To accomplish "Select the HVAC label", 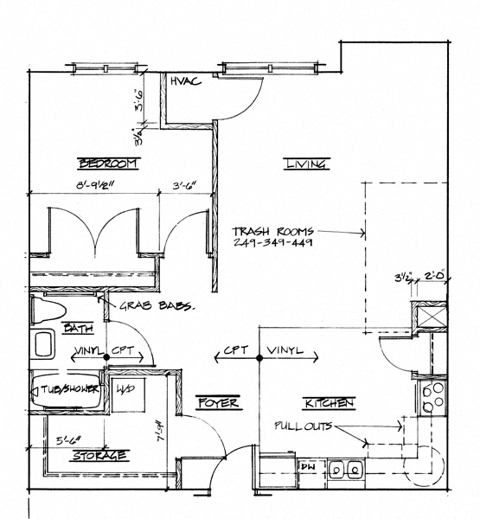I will (186, 81).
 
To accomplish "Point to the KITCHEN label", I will (328, 403).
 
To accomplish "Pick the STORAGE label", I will (101, 455).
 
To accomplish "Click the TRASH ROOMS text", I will (272, 232).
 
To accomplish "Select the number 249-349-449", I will (272, 243).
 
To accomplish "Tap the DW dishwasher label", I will (307, 467).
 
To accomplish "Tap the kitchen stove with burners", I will (430, 397).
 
